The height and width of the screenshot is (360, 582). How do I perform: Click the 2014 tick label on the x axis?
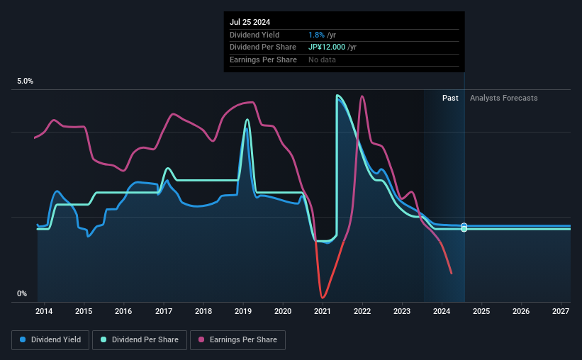[x=44, y=311]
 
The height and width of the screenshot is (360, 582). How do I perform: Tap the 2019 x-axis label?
[x=243, y=311]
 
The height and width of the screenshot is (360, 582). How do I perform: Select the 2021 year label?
[x=323, y=311]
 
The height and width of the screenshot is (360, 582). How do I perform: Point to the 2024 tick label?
[x=442, y=311]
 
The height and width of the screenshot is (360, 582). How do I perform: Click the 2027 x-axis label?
[x=561, y=311]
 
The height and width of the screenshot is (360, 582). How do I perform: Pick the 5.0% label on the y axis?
[x=26, y=81]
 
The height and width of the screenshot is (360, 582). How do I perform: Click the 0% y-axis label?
[x=22, y=294]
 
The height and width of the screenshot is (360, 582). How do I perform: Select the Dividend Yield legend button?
[x=50, y=340]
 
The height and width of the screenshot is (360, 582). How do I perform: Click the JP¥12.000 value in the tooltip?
[x=328, y=47]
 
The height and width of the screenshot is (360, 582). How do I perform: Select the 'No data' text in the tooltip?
[x=322, y=60]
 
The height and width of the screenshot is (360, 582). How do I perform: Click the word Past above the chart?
[x=450, y=98]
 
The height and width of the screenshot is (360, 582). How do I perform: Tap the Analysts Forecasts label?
[x=503, y=98]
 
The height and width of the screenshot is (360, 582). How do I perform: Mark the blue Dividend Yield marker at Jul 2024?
[x=464, y=226]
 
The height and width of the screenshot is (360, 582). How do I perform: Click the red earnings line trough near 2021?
[x=323, y=297]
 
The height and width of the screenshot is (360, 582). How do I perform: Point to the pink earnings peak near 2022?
[x=362, y=96]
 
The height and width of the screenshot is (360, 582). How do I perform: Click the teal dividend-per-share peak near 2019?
[x=247, y=120]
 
